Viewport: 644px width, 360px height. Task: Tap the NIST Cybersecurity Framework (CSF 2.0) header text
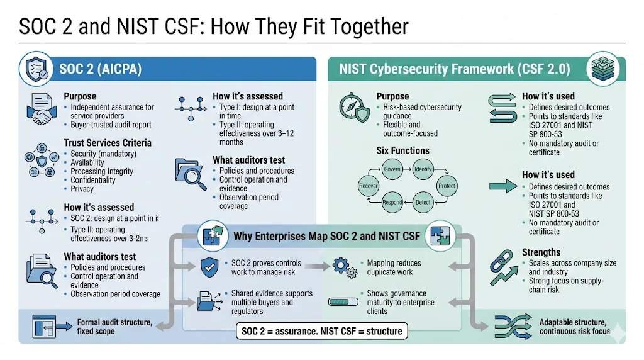pos(455,69)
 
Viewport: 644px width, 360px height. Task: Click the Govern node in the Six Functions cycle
pos(391,169)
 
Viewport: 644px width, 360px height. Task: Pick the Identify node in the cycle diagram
pos(423,169)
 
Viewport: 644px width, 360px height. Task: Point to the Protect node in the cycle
pos(447,186)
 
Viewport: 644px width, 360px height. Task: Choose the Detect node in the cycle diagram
pos(423,202)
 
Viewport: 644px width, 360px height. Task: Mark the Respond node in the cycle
pos(392,202)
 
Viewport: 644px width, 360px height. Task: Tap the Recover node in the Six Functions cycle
pos(368,186)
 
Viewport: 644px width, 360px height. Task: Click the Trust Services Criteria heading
pos(108,143)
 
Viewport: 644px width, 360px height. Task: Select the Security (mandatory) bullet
pos(103,154)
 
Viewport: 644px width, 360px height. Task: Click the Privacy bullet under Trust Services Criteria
pos(82,189)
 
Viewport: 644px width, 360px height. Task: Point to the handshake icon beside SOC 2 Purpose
pos(42,111)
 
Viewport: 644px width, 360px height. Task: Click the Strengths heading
pos(541,252)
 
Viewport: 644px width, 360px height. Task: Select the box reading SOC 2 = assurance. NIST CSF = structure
pos(322,330)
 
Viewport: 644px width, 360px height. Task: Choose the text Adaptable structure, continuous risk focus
pos(574,327)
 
